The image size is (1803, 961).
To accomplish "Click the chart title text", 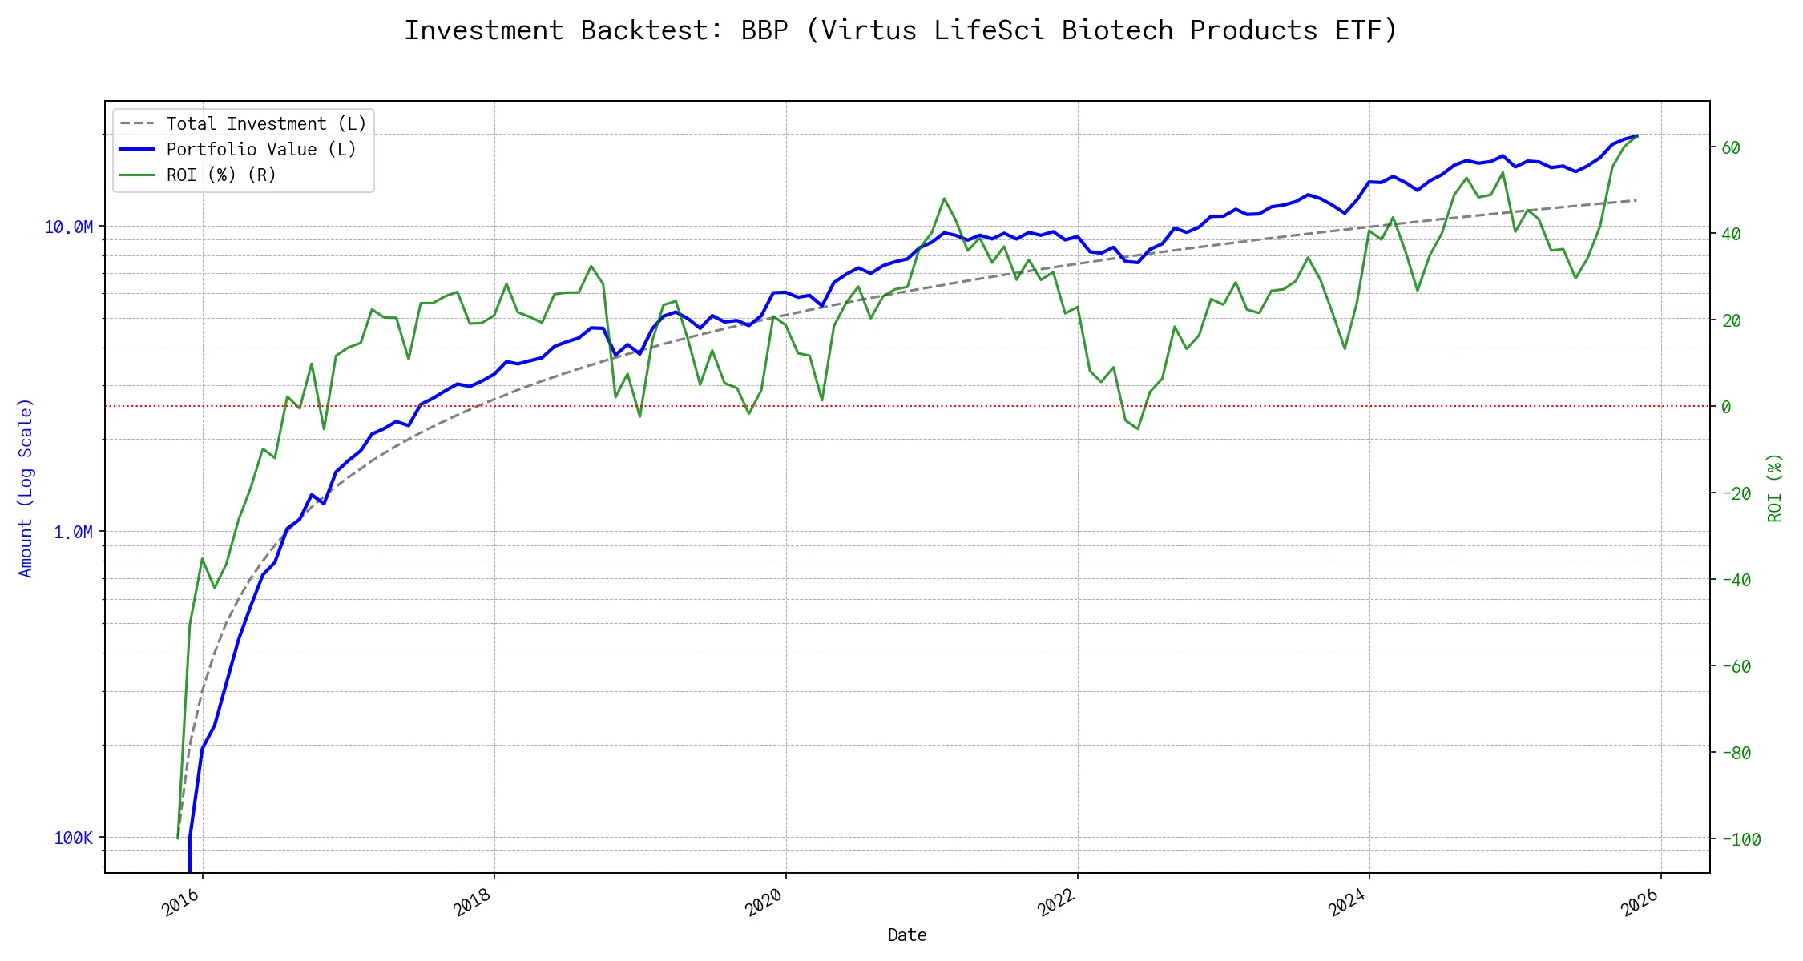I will (901, 30).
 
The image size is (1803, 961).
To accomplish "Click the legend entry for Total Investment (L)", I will (265, 124).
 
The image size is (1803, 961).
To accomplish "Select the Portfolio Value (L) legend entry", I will (260, 150).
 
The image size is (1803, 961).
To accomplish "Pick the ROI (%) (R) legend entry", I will (220, 175).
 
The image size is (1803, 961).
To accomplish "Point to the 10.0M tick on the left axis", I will (69, 227).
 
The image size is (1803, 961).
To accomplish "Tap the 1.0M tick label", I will (73, 533).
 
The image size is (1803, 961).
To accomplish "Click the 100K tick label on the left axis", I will (74, 838).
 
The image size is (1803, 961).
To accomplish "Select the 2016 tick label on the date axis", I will (181, 903).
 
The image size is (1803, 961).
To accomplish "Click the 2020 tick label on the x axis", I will (764, 903).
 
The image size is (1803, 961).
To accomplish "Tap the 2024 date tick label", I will (1348, 903).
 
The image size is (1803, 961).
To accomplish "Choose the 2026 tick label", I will (1640, 903).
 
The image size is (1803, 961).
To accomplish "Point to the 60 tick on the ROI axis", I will (1731, 148).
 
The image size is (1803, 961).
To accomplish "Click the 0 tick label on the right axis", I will (1726, 408).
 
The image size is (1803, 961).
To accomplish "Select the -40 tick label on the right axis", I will (1736, 581).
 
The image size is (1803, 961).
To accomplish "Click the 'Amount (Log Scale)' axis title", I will (26, 488).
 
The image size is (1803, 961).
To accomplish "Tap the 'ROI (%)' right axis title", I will (1775, 488).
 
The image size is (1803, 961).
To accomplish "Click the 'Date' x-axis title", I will (907, 935).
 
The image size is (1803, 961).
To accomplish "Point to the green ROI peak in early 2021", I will (944, 199).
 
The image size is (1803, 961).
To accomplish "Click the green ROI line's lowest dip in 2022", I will (1137, 428).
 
